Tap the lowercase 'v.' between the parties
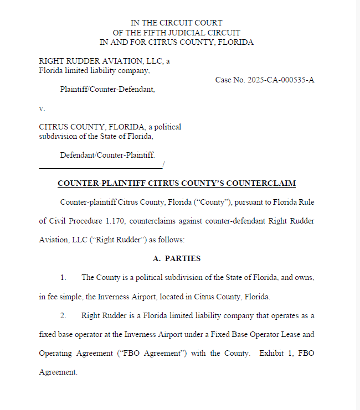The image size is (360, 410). pyautogui.click(x=42, y=108)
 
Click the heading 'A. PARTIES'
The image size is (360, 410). pyautogui.click(x=176, y=258)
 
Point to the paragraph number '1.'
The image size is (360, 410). pyautogui.click(x=64, y=277)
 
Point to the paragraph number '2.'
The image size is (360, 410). pyautogui.click(x=64, y=315)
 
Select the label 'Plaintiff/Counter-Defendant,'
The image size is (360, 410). pyautogui.click(x=107, y=89)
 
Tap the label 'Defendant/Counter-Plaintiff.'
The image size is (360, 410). pyautogui.click(x=107, y=155)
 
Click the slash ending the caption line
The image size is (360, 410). pyautogui.click(x=164, y=165)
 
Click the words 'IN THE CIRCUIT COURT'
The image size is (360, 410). pyautogui.click(x=176, y=23)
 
